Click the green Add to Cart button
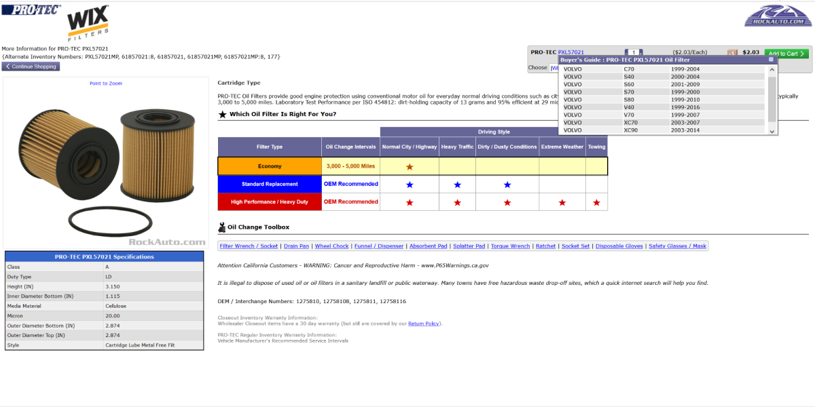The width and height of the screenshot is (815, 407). click(786, 53)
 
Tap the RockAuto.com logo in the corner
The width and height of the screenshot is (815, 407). click(777, 15)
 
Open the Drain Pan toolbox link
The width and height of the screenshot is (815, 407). click(296, 246)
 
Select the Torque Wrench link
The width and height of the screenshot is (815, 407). click(510, 246)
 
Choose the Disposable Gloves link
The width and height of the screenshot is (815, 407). click(619, 246)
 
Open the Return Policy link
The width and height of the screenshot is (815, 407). click(424, 324)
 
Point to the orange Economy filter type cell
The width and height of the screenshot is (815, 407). click(270, 166)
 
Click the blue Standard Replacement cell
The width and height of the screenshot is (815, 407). click(270, 184)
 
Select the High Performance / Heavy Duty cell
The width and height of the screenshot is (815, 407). click(270, 201)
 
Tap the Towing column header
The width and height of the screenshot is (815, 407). click(596, 147)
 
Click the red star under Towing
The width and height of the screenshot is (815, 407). click(596, 202)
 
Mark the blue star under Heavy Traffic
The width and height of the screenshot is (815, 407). click(457, 185)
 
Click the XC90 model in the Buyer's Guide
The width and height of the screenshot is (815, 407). click(631, 130)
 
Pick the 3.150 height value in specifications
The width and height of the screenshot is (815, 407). click(113, 286)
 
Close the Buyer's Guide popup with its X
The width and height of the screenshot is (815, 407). click(771, 60)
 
